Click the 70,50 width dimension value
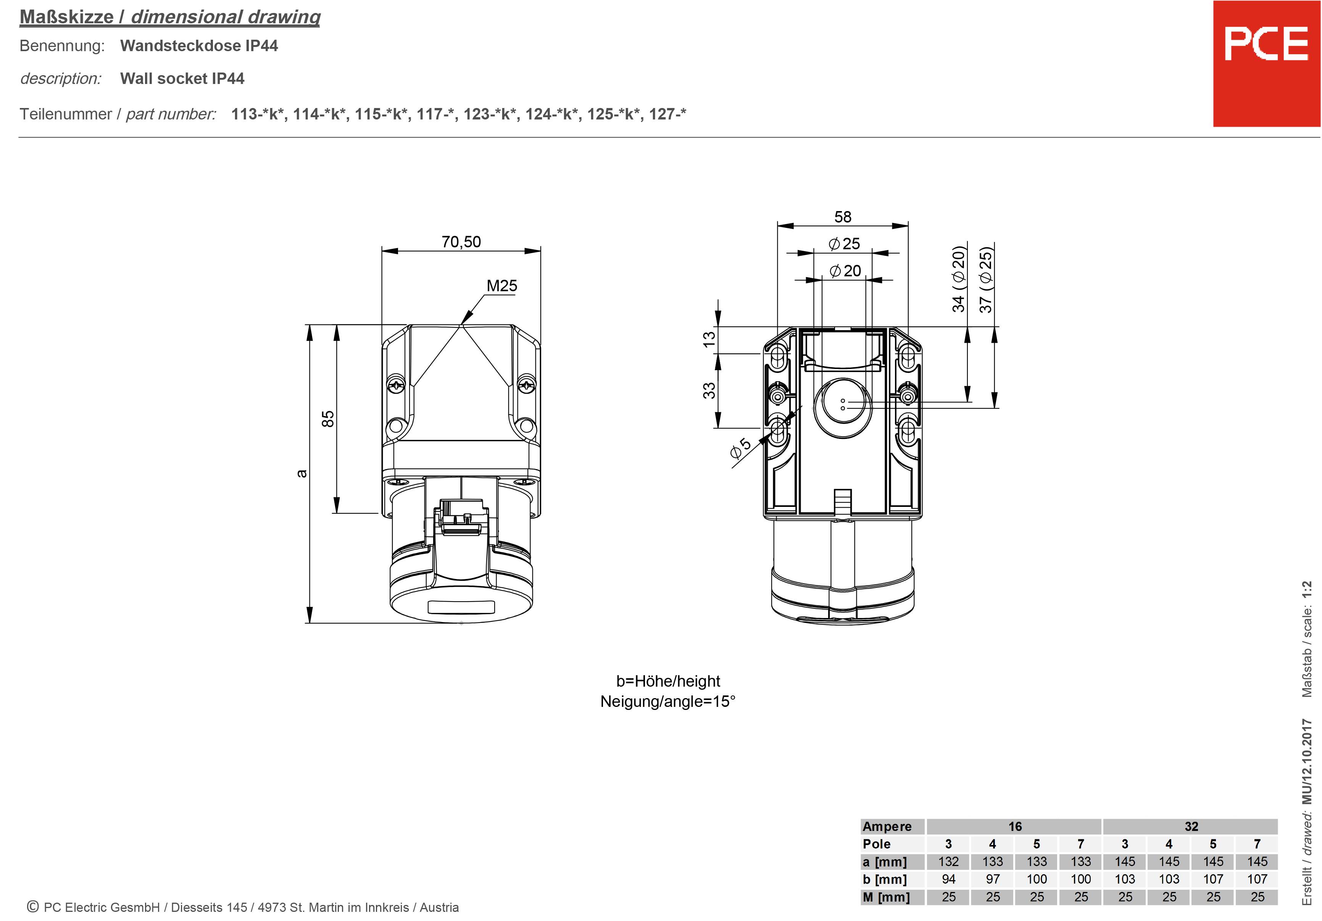461,242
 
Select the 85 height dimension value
327,419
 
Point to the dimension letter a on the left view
301,473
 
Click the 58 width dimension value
842,217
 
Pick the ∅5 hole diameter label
740,448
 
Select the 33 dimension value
709,390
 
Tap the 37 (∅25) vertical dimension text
986,280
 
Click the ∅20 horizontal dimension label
845,271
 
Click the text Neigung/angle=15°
668,702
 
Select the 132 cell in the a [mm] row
948,862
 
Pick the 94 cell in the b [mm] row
948,879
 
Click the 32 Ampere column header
1191,827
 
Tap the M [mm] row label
886,897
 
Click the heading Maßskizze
67,17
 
